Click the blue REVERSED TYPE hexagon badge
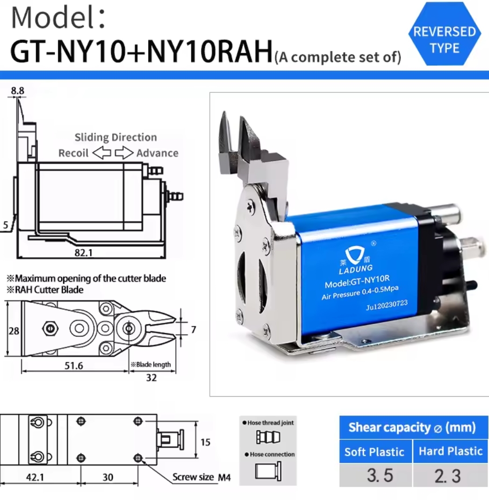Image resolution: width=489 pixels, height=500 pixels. tap(445, 34)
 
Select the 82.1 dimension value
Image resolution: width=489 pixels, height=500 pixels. tap(84, 252)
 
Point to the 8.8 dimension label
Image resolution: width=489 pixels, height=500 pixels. tap(18, 91)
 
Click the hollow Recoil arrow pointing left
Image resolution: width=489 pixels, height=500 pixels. tap(102, 153)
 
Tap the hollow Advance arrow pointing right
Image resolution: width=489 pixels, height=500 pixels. tap(124, 153)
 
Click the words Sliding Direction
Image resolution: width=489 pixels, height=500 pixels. tap(116, 137)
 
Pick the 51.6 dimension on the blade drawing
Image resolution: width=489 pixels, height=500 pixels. tap(74, 365)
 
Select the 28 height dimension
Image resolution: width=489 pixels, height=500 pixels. tap(14, 331)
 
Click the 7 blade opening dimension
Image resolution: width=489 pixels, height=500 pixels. tap(193, 329)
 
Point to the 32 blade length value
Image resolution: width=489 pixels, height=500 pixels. tap(151, 378)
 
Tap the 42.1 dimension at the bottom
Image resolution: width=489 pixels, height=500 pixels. tap(35, 477)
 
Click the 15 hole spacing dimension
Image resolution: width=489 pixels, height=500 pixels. tap(205, 442)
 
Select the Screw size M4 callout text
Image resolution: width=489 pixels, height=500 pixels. tap(201, 477)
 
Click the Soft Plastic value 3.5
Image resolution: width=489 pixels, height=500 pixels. tap(380, 475)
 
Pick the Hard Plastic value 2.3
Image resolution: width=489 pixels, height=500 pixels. tap(447, 476)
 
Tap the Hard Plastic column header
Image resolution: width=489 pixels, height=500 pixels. tap(450, 451)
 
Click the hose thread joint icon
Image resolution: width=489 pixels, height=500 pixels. tap(268, 437)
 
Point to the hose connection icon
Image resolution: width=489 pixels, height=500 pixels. tap(268, 471)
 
